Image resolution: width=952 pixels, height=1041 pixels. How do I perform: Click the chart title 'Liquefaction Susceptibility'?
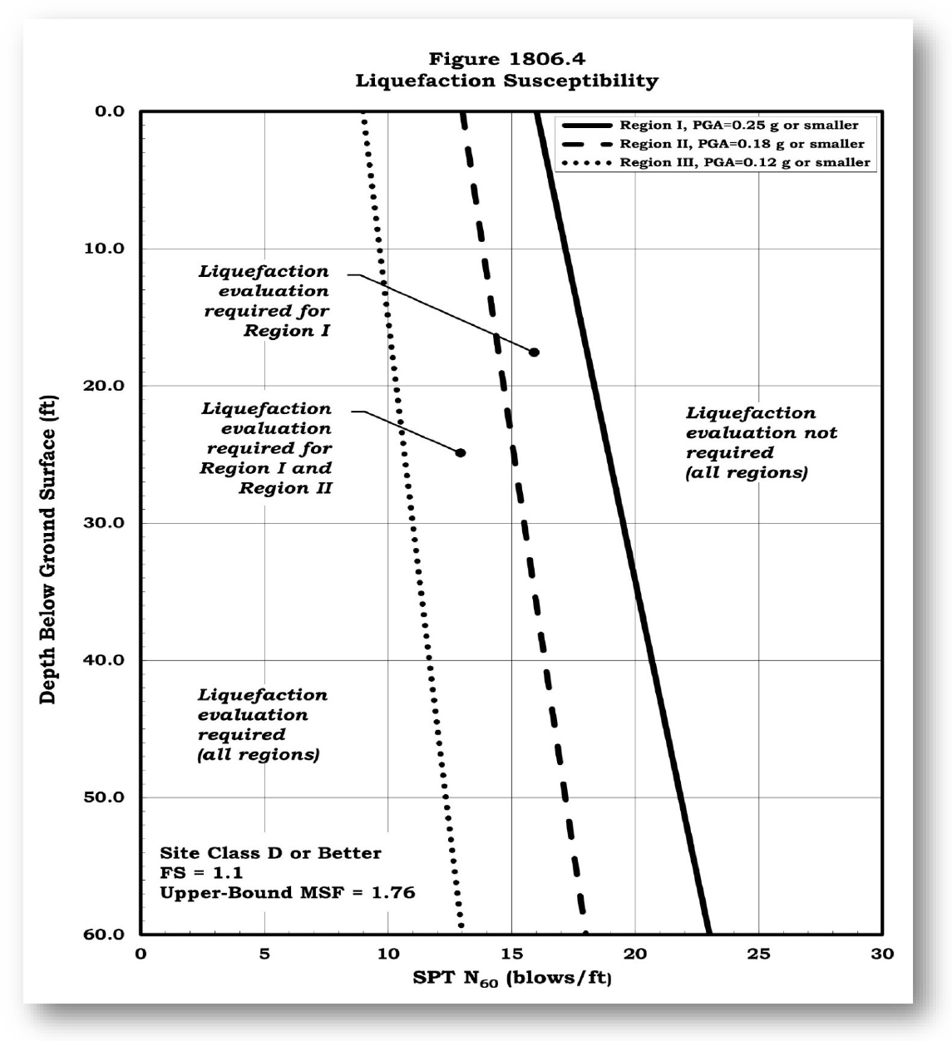(506, 81)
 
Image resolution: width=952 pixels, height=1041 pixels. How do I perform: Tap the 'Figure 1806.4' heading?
(506, 59)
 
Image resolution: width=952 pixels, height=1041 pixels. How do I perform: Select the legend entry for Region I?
(738, 125)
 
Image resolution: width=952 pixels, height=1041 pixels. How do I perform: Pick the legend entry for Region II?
(742, 144)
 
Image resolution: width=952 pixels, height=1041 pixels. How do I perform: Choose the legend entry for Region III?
(744, 162)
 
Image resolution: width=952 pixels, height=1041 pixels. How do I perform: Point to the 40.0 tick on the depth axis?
(104, 660)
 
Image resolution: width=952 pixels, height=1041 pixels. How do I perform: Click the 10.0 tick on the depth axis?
(104, 249)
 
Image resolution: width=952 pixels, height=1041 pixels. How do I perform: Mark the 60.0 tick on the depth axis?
(104, 935)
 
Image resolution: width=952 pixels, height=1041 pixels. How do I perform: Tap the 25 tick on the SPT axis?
(758, 954)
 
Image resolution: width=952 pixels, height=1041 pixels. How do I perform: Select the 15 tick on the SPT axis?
(511, 954)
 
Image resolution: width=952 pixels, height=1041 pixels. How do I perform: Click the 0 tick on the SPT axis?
(141, 954)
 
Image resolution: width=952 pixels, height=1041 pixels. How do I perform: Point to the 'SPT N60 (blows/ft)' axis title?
(512, 978)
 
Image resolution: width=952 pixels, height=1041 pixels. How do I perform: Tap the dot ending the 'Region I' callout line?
(534, 353)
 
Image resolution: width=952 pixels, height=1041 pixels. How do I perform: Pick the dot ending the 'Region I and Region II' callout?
(461, 453)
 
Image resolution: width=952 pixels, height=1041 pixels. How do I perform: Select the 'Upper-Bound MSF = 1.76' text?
(287, 893)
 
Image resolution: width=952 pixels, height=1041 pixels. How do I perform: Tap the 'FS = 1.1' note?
(190, 873)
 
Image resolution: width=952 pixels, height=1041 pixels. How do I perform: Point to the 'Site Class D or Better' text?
(270, 853)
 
